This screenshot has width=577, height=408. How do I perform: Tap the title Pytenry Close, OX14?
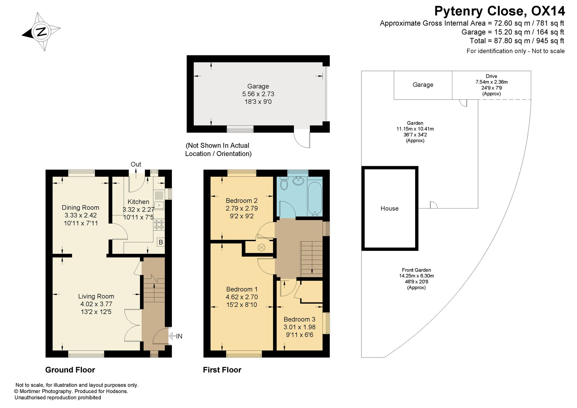coord(499,11)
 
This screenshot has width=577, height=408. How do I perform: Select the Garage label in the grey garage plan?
coord(258,86)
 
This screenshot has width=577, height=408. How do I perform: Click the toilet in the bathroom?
coord(284,183)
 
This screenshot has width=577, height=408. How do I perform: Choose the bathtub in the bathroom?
coord(315,198)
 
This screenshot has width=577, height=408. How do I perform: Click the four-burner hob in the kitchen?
coord(159,225)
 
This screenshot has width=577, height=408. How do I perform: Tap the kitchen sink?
coord(159,205)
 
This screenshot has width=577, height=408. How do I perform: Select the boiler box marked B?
coord(161,242)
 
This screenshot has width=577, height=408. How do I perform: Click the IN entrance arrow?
coord(175,336)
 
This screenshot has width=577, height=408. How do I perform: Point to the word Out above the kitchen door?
coord(136,164)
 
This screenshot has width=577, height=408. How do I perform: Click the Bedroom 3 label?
coord(299,319)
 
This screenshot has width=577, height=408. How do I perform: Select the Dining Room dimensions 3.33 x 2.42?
coord(80,215)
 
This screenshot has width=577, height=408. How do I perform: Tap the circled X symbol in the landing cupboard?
coord(261,247)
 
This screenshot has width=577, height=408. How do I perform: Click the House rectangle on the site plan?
coord(389,208)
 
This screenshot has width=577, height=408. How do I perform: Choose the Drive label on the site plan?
coord(491,76)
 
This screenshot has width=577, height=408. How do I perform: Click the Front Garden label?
coord(416,270)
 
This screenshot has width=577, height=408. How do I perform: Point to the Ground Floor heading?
coord(70,370)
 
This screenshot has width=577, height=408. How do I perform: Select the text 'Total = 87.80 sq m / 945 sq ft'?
coord(517,41)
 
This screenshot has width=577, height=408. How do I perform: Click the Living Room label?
coord(96,296)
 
